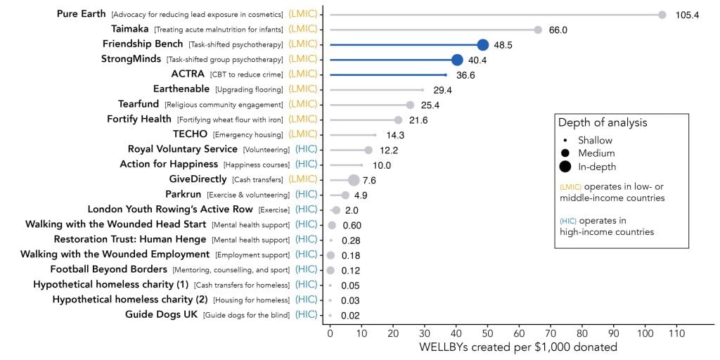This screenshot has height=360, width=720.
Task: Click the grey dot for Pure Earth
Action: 662,14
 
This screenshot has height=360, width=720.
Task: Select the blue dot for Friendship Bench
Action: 482,44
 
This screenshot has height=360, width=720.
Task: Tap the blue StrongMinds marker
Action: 457,60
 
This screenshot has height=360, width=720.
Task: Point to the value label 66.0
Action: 558,30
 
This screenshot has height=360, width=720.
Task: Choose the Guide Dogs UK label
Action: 161,314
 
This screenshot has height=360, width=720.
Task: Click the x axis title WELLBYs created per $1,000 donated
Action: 517,347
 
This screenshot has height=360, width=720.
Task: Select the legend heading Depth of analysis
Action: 603,123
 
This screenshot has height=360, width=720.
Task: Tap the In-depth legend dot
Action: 565,167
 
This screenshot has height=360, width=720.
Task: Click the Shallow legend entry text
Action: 595,141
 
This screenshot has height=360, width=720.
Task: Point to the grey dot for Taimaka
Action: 538,30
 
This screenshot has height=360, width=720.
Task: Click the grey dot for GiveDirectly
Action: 354,180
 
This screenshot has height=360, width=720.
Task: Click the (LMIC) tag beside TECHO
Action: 303,134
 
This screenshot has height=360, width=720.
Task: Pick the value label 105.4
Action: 687,15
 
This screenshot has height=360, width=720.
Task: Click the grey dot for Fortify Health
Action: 398,120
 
